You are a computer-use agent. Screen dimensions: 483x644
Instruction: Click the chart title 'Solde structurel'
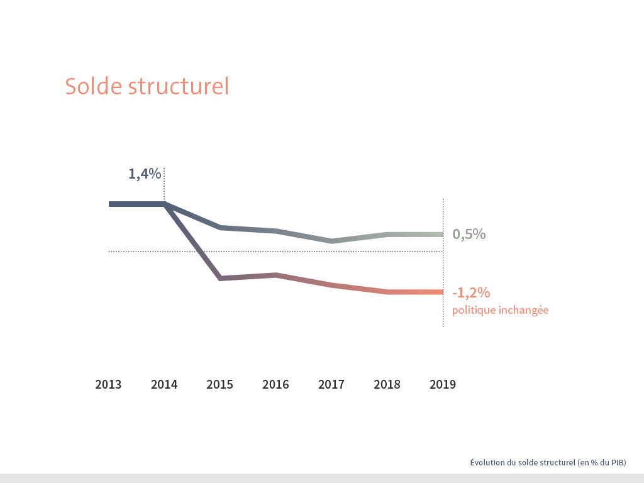(147, 86)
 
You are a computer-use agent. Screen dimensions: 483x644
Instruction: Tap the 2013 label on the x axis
(108, 384)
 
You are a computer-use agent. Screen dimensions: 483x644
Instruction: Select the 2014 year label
(164, 384)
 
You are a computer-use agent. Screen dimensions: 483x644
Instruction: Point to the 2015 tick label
(219, 384)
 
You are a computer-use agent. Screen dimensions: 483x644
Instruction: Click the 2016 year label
(275, 384)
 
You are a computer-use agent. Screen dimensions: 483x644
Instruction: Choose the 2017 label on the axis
(331, 384)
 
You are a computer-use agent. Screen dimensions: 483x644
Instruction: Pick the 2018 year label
(387, 384)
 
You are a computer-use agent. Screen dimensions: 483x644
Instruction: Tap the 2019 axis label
(442, 384)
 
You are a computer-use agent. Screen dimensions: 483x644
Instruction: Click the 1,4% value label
(145, 174)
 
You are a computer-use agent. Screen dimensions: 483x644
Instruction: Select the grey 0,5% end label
(469, 235)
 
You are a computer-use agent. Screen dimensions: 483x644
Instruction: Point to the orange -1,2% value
(470, 292)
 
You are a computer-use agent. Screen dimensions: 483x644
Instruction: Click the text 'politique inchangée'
(500, 310)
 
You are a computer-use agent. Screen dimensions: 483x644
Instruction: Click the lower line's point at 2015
(220, 278)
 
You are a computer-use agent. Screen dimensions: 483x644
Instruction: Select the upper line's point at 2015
(220, 227)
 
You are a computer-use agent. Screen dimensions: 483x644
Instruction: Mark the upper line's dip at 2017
(331, 241)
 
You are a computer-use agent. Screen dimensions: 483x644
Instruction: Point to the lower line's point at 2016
(275, 275)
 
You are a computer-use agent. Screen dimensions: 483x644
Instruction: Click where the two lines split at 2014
(165, 204)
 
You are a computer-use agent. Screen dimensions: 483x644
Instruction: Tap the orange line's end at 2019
(441, 292)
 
